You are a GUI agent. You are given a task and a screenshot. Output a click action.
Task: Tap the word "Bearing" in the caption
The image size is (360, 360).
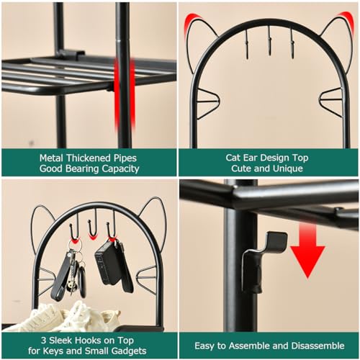82,168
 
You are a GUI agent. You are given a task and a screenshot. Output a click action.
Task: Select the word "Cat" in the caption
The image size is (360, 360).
233,158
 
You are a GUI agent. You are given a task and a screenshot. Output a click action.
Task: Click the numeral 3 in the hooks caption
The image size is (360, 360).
43,341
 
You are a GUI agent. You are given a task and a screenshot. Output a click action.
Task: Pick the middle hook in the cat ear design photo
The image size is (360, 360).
269,42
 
